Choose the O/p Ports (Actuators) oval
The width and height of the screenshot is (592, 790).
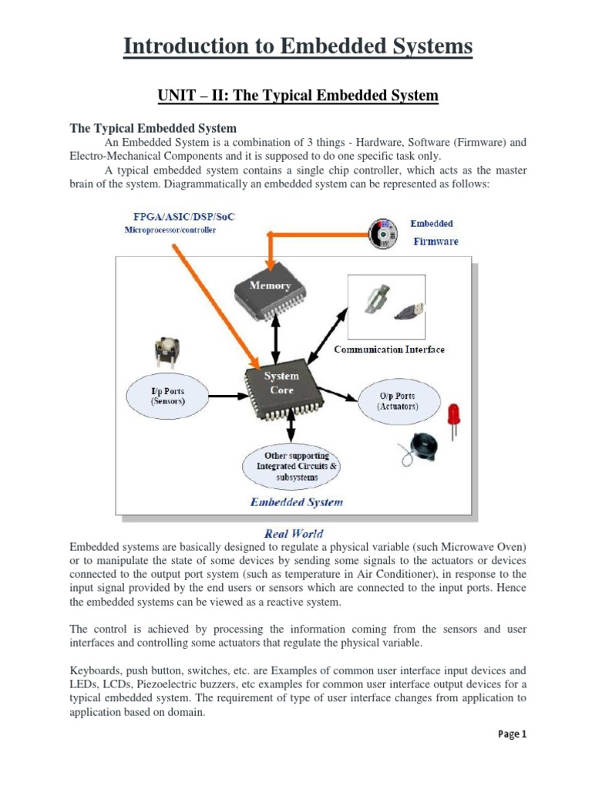click(x=398, y=401)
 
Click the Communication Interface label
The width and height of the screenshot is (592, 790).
click(x=389, y=349)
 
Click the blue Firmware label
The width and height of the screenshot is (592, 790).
click(x=436, y=241)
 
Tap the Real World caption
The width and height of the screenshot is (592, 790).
click(x=294, y=533)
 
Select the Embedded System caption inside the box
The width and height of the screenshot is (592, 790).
click(x=297, y=502)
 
